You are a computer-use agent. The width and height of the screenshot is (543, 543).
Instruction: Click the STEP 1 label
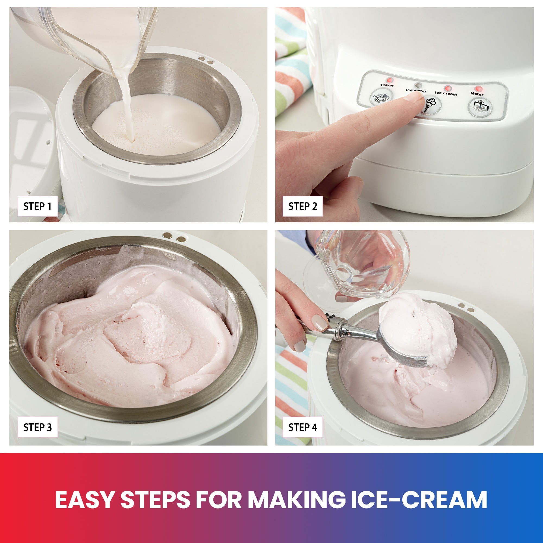click(37, 207)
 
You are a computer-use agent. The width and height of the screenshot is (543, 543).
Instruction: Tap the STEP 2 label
click(302, 207)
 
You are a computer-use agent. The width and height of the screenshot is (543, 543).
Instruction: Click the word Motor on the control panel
click(477, 94)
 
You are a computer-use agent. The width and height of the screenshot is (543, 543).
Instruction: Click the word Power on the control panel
click(387, 85)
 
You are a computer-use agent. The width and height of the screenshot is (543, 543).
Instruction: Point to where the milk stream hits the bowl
click(131, 141)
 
